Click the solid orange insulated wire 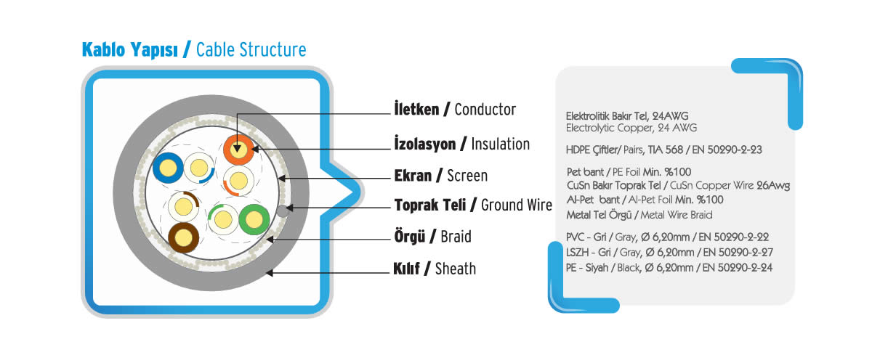[238, 150]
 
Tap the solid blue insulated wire [168, 168]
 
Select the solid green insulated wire [254, 219]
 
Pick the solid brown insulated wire [183, 237]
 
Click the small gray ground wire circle [283, 211]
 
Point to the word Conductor [485, 110]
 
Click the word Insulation [500, 144]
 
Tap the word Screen [467, 176]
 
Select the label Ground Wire [516, 205]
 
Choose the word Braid [456, 237]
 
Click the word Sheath [456, 269]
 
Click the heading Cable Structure [251, 50]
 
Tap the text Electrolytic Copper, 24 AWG [631, 128]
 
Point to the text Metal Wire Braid [677, 215]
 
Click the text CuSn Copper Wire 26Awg [730, 186]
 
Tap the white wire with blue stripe [199, 168]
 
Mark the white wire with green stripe [223, 220]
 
